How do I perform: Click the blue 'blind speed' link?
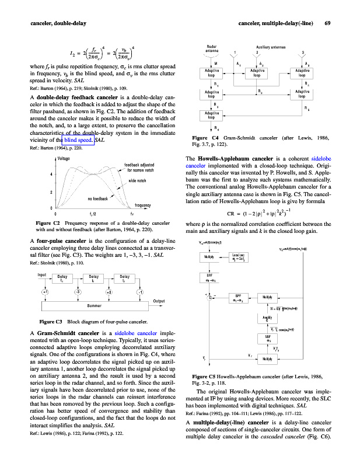point(78,141)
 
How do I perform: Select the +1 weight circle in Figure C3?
point(45,292)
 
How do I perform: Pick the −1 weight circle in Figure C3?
point(140,292)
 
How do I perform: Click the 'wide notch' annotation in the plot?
point(137,181)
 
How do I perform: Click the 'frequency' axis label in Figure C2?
point(143,205)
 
